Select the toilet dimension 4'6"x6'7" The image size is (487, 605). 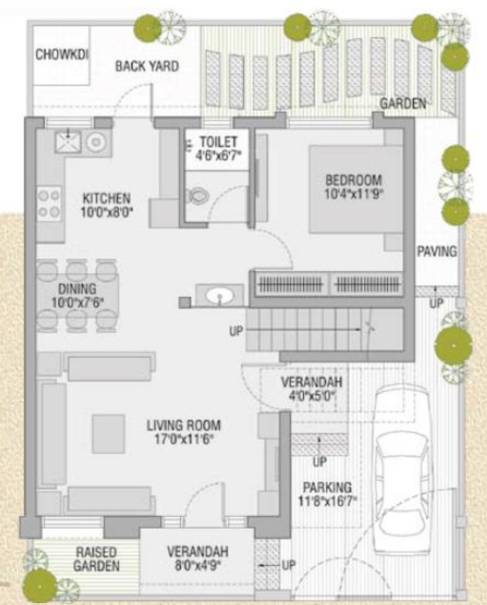coord(219,155)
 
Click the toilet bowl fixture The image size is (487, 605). coord(198,196)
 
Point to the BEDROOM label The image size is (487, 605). coord(353,180)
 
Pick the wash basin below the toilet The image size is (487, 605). coord(217,295)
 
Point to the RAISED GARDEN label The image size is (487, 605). coord(97,559)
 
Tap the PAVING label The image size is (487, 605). coord(437,253)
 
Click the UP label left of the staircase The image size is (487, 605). coord(236,332)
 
